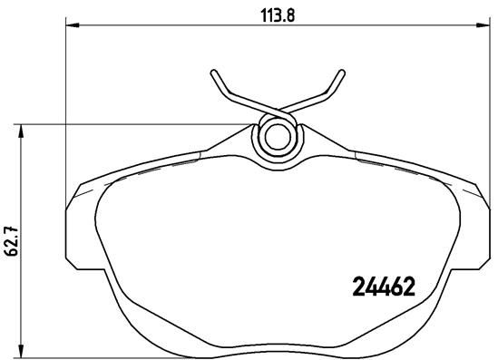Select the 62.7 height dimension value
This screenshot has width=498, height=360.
pyautogui.click(x=12, y=240)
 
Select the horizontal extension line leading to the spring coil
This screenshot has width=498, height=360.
pyautogui.click(x=136, y=123)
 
